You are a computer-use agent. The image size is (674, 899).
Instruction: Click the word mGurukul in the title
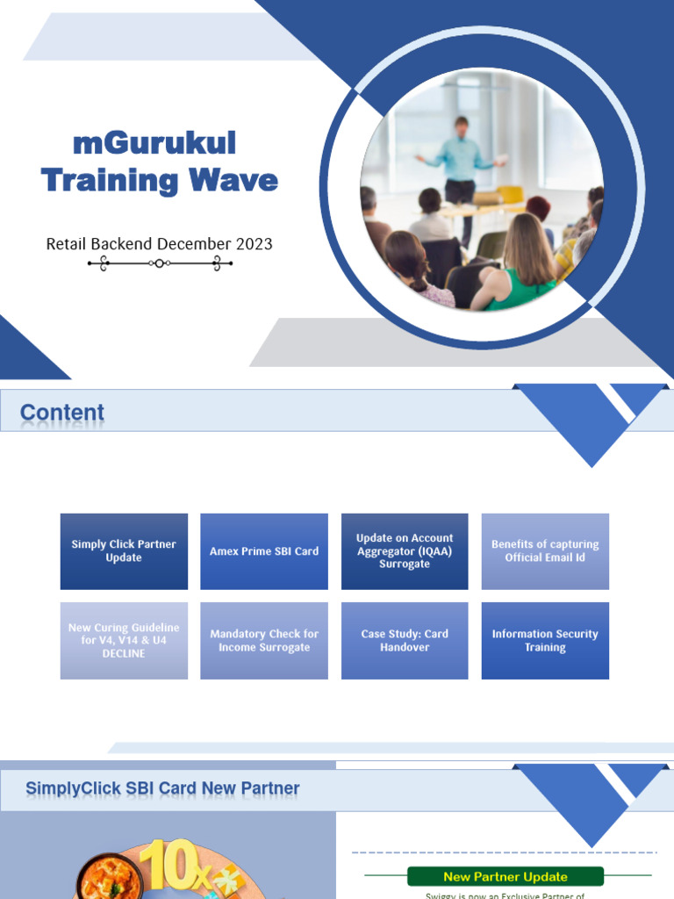click(x=154, y=143)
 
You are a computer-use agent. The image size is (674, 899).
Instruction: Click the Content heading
click(x=62, y=413)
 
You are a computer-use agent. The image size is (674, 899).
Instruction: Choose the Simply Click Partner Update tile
click(x=124, y=551)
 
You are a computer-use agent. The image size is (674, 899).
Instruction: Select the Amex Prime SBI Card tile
click(x=264, y=551)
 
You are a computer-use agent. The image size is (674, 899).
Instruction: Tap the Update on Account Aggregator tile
click(x=405, y=551)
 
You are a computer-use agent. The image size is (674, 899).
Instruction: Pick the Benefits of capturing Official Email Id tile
click(x=545, y=551)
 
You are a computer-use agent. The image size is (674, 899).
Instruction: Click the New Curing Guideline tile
click(x=124, y=641)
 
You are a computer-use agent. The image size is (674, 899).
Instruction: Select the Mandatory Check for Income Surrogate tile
click(x=264, y=641)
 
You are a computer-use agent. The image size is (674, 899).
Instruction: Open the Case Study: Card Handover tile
click(x=405, y=641)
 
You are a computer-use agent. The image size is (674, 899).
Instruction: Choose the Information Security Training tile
click(x=545, y=641)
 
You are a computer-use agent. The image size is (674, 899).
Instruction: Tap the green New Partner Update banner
click(x=505, y=876)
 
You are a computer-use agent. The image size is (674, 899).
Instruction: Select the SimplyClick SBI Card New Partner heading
click(x=162, y=788)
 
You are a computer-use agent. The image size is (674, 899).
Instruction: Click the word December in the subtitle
click(x=174, y=243)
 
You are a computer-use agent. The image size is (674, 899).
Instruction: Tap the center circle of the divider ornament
click(x=159, y=263)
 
